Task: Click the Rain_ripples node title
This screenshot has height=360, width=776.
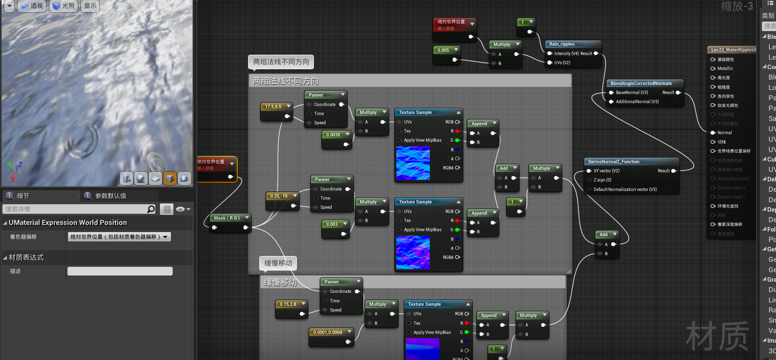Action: tap(562, 44)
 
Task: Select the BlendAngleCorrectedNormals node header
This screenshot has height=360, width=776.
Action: tap(641, 83)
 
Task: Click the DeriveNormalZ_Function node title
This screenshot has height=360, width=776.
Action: tap(614, 162)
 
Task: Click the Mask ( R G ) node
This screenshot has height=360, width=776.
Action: tap(227, 218)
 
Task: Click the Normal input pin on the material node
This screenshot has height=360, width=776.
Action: tap(713, 133)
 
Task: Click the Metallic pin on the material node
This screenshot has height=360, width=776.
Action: tap(713, 68)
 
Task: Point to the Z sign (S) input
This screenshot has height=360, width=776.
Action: tap(589, 180)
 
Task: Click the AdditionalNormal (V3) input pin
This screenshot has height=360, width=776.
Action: tap(611, 101)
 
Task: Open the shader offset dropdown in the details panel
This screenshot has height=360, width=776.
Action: tap(119, 237)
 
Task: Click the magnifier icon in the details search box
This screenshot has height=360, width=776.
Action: tap(151, 209)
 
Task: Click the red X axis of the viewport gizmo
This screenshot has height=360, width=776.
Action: tap(12, 179)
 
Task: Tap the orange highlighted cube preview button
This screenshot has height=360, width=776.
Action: tap(170, 178)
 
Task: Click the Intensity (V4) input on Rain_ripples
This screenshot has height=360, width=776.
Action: tap(550, 53)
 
